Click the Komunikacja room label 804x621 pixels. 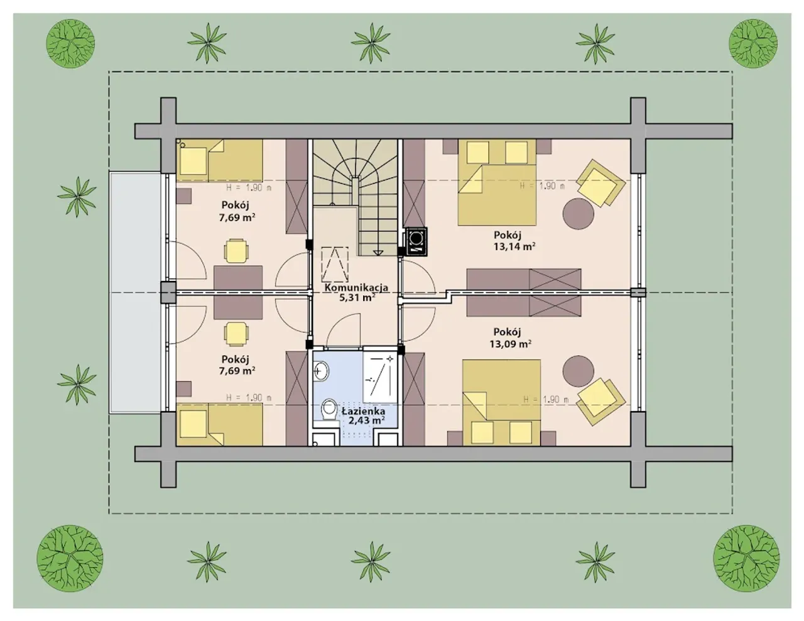pos(356,287)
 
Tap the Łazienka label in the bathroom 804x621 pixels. pos(363,411)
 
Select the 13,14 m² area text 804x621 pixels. pos(514,246)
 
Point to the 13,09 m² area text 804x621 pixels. pos(511,344)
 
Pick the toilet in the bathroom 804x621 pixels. pos(328,410)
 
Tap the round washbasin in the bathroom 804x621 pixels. pos(321,370)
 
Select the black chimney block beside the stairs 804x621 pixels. pos(416,241)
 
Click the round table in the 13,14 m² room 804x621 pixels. pos(579,214)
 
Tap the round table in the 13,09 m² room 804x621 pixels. pos(579,371)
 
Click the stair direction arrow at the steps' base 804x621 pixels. pos(378,253)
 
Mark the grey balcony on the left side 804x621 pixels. pos(136,292)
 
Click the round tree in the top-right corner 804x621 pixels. pos(753,43)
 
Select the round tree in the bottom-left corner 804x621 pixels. pos(70,558)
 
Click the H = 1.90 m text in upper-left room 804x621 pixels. pos(249,188)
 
